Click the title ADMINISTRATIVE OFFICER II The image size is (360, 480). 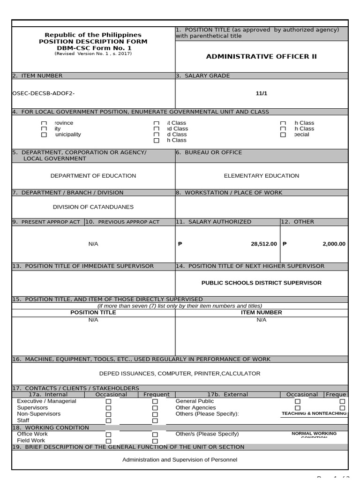pyautogui.click(x=261, y=57)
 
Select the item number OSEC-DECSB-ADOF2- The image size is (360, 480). pyautogui.click(x=43, y=93)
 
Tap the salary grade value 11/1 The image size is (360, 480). pyautogui.click(x=261, y=93)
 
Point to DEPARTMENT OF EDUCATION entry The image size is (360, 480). pyautogui.click(x=93, y=176)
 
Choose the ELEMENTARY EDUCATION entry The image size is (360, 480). pyautogui.click(x=261, y=176)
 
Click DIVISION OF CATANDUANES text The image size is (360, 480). pyautogui.click(x=93, y=207)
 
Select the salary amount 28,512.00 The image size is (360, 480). pyautogui.click(x=264, y=244)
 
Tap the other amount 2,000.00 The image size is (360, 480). pyautogui.click(x=334, y=244)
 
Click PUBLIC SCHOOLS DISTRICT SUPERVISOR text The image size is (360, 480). pyautogui.click(x=261, y=283)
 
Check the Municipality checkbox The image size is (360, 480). pyautogui.click(x=44, y=135)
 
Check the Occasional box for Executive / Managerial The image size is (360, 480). pyautogui.click(x=108, y=402)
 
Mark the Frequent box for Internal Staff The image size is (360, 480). pyautogui.click(x=155, y=421)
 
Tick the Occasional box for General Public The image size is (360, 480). pyautogui.click(x=297, y=402)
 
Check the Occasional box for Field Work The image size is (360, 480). pyautogui.click(x=108, y=441)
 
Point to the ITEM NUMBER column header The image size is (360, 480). pyautogui.click(x=261, y=312)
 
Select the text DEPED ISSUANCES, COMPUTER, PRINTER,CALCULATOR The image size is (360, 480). pyautogui.click(x=180, y=374)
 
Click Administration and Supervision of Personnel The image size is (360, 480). pyautogui.click(x=180, y=460)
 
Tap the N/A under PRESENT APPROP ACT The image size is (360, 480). pyautogui.click(x=93, y=244)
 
